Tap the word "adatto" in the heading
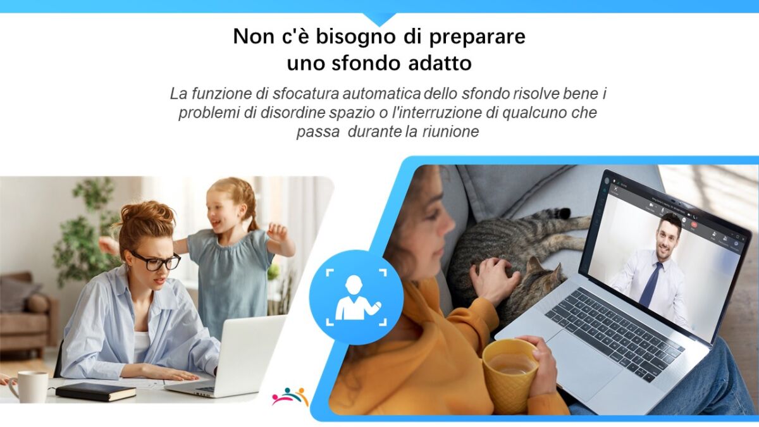pyautogui.click(x=440, y=63)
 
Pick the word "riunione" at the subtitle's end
pyautogui.click(x=450, y=132)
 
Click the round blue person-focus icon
pyautogui.click(x=356, y=297)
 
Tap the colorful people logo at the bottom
pyautogui.click(x=290, y=397)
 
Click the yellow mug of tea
pyautogui.click(x=509, y=371)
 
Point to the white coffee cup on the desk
pyautogui.click(x=30, y=387)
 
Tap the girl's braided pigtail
pyautogui.click(x=252, y=217)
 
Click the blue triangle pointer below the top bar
pyautogui.click(x=379, y=19)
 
